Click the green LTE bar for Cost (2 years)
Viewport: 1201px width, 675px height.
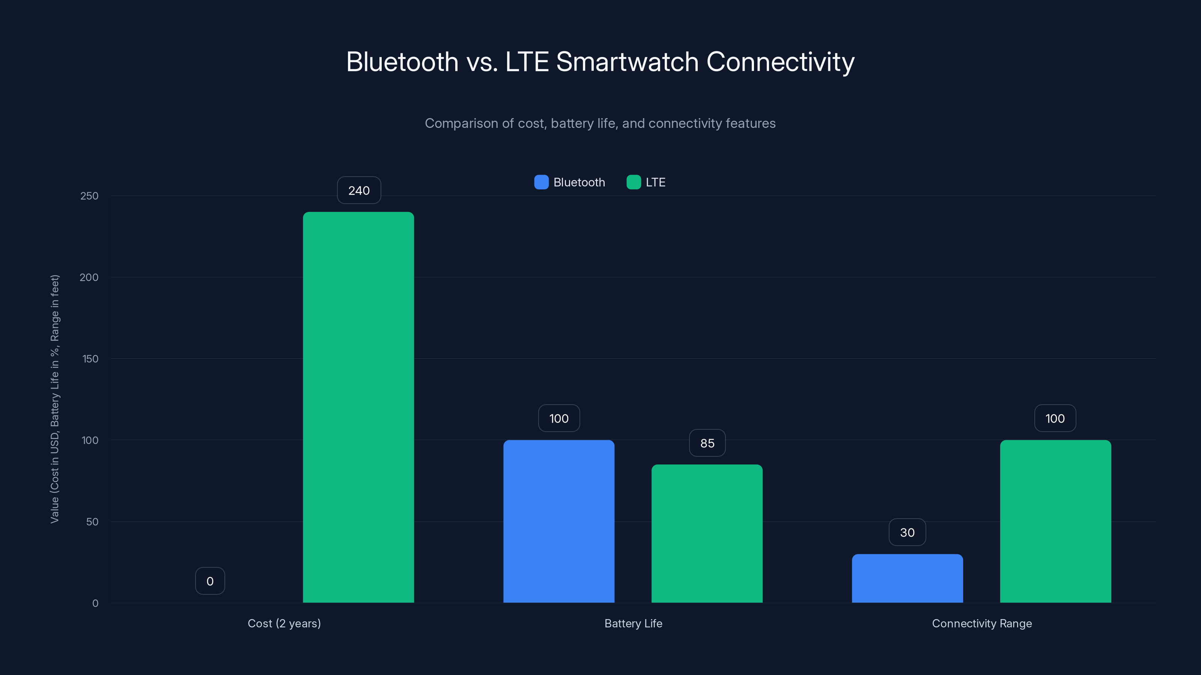(x=358, y=407)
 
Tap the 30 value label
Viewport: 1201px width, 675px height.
(x=907, y=532)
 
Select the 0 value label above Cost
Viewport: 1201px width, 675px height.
(x=210, y=581)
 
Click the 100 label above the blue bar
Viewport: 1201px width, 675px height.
(x=558, y=418)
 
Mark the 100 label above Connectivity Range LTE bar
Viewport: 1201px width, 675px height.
(x=1055, y=418)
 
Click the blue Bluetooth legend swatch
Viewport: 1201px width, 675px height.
(x=541, y=182)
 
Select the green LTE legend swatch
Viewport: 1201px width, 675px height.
(x=633, y=182)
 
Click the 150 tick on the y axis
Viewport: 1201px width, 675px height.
(x=90, y=359)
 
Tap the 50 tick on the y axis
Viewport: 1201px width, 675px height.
(x=92, y=522)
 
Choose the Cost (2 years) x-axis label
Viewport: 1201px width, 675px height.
(x=284, y=623)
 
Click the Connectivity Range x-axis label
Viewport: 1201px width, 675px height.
(x=981, y=623)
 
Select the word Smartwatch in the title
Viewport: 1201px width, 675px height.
(x=627, y=62)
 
